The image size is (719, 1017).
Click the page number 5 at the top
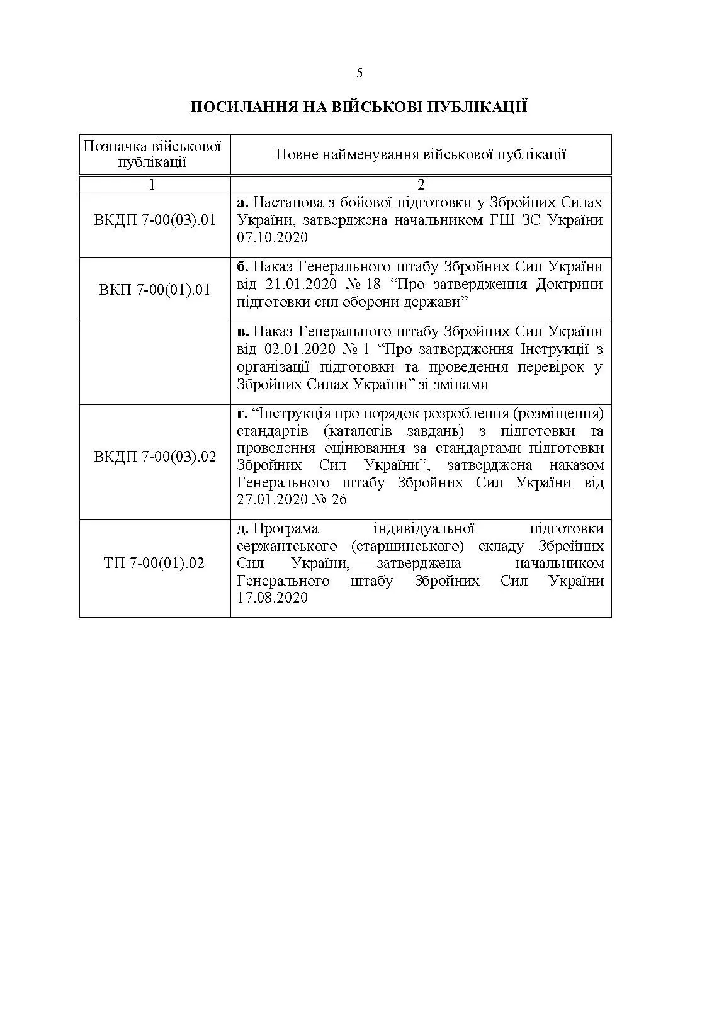pos(359,73)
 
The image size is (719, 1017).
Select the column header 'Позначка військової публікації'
pos(153,154)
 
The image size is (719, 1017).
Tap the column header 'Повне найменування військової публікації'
pos(421,154)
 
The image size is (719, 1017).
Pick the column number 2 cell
pos(421,185)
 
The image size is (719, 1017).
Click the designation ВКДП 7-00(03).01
pos(155,220)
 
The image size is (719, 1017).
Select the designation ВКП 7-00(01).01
pos(155,290)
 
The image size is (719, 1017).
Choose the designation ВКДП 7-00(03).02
pos(155,457)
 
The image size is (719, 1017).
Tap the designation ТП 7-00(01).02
pos(154,563)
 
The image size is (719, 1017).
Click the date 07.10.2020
pos(272,237)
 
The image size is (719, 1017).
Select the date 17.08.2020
pos(272,598)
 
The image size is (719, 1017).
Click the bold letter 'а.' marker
pos(242,203)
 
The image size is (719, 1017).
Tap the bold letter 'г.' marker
pos(242,414)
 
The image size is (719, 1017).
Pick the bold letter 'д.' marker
pos(243,528)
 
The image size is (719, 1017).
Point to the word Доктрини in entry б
pos(569,284)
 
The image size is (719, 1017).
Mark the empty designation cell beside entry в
pos(155,363)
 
